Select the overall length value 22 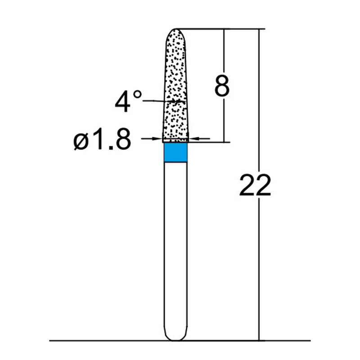coord(255,185)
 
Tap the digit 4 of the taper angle coord(122,102)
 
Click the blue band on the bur coord(175,152)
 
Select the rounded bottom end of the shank coord(175,337)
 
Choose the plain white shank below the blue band coord(175,247)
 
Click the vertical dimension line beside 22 coord(259,270)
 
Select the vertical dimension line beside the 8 coord(224,121)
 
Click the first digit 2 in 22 coord(247,185)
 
